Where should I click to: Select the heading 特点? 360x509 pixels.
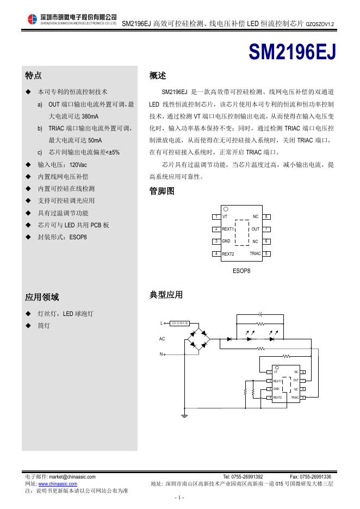33,75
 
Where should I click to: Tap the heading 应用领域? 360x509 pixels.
42,297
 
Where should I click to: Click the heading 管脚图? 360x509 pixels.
162,191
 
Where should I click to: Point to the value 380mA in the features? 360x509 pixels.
90,116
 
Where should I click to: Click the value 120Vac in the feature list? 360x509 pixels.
78,164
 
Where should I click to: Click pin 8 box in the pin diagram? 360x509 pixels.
266,217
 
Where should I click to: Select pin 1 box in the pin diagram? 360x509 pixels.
216,217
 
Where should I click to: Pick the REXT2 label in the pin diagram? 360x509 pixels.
228,254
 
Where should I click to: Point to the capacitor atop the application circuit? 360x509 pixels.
260,314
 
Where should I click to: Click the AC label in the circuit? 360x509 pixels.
162,339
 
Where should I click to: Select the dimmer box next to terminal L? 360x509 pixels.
179,324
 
